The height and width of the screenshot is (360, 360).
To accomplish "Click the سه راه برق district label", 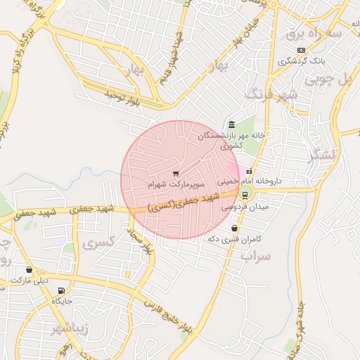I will click(x=323, y=33).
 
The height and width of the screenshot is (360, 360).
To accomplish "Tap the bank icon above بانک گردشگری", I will click(x=301, y=50).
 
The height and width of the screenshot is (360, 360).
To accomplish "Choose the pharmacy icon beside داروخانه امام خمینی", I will click(x=249, y=170).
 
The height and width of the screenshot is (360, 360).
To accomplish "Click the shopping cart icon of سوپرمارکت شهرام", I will click(x=175, y=173).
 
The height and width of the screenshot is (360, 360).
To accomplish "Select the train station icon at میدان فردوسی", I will click(x=245, y=195).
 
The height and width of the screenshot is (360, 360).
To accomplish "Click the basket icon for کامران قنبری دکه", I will click(x=234, y=228).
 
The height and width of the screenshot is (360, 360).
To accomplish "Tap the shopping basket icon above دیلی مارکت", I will click(x=29, y=269).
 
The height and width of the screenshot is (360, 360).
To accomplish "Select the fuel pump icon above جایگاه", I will click(x=62, y=290).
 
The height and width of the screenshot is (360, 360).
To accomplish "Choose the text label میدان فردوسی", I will click(x=240, y=207).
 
